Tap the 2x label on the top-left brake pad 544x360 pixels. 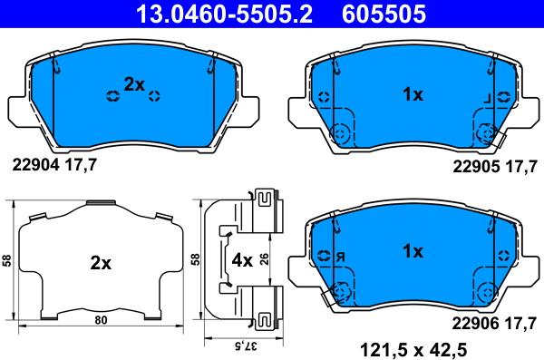[x=134, y=84]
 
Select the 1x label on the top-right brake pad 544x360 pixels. [x=413, y=94]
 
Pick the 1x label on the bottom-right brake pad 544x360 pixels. [x=413, y=253]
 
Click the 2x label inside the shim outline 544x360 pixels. [x=100, y=264]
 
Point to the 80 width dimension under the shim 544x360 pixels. [x=101, y=319]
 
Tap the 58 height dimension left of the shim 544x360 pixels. [x=7, y=260]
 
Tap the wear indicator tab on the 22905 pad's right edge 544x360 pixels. [x=500, y=138]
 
